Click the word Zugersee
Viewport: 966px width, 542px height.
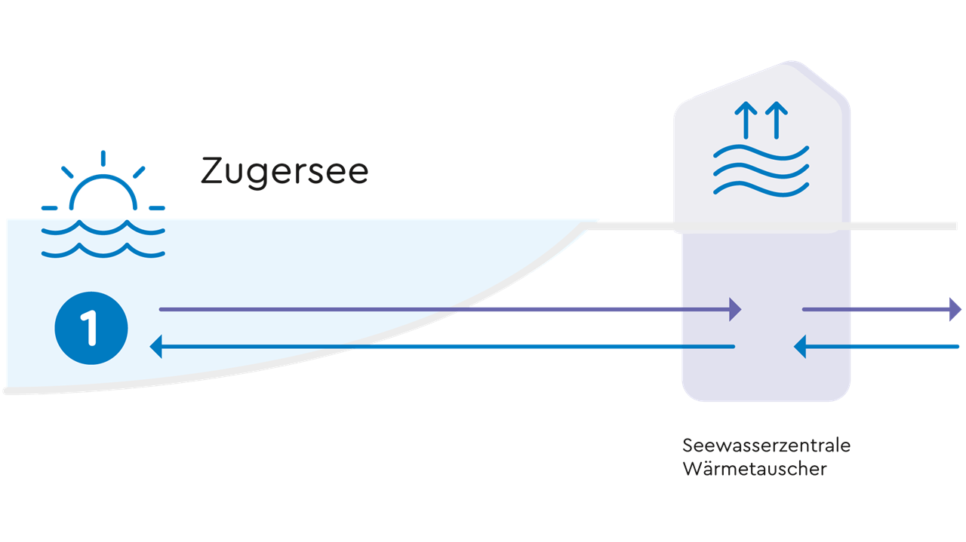[285, 172]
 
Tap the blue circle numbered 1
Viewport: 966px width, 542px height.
[91, 329]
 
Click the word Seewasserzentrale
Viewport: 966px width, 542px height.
[766, 446]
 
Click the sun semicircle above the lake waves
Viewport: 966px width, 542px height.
[103, 191]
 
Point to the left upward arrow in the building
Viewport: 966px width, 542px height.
[746, 120]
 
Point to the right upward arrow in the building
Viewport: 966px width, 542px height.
[776, 120]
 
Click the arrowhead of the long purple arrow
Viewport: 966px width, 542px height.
[735, 309]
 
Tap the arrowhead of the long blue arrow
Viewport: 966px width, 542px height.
[157, 347]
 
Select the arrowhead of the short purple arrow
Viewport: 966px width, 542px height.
[955, 309]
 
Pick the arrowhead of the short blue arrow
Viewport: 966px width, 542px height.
[800, 347]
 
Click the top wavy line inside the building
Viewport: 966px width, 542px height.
[761, 153]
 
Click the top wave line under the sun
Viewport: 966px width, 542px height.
[103, 228]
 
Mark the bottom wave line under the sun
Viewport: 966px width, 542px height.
[103, 250]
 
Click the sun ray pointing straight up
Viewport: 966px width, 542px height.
[103, 158]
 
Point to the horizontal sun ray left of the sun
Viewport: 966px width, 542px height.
[50, 207]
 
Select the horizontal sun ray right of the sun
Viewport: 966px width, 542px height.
[156, 207]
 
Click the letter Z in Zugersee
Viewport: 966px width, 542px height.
[212, 172]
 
